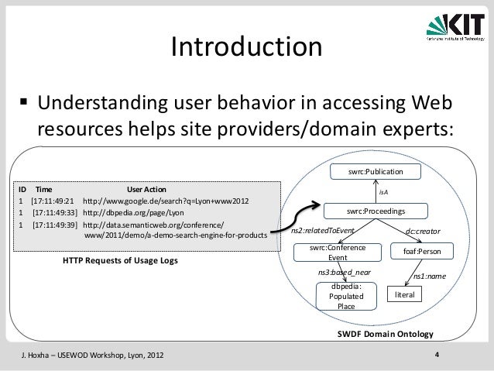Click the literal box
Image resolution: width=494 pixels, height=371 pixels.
(x=406, y=295)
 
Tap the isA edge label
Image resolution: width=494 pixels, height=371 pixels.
(x=383, y=191)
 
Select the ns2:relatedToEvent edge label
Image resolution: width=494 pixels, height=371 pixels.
(x=322, y=231)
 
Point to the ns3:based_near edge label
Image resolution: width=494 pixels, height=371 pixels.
(x=345, y=273)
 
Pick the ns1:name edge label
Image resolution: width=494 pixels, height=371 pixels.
(x=428, y=276)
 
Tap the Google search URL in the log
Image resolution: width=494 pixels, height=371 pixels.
(x=166, y=200)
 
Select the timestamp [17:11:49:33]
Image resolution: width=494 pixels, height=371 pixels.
(x=53, y=212)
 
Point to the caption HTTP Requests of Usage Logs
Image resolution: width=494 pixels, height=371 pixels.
(x=120, y=260)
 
